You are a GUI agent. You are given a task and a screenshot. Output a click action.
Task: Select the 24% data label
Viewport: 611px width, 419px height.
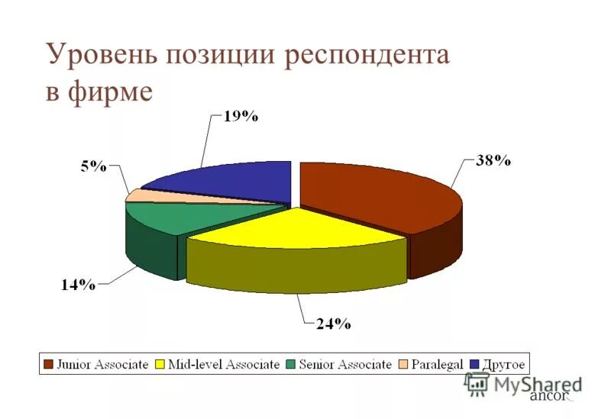pos(333,324)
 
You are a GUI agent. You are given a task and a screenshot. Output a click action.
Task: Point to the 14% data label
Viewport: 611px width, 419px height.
pos(78,285)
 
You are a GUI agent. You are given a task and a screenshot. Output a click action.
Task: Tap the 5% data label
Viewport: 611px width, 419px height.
pos(94,167)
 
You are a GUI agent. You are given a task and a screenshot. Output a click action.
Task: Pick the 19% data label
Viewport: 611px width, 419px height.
pos(241,117)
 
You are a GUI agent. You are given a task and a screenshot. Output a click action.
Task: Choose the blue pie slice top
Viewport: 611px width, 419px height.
pos(229,182)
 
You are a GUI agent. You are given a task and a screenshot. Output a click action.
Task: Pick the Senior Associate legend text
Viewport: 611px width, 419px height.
pos(344,365)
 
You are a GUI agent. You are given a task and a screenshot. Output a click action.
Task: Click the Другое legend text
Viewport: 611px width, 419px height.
pos(503,365)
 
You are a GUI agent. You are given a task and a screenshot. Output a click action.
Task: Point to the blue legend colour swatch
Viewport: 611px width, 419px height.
pos(475,365)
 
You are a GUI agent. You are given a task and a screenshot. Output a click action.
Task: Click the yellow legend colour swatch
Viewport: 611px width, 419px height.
pos(161,365)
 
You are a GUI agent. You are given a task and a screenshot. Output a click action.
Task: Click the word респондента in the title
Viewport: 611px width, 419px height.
pos(367,58)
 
